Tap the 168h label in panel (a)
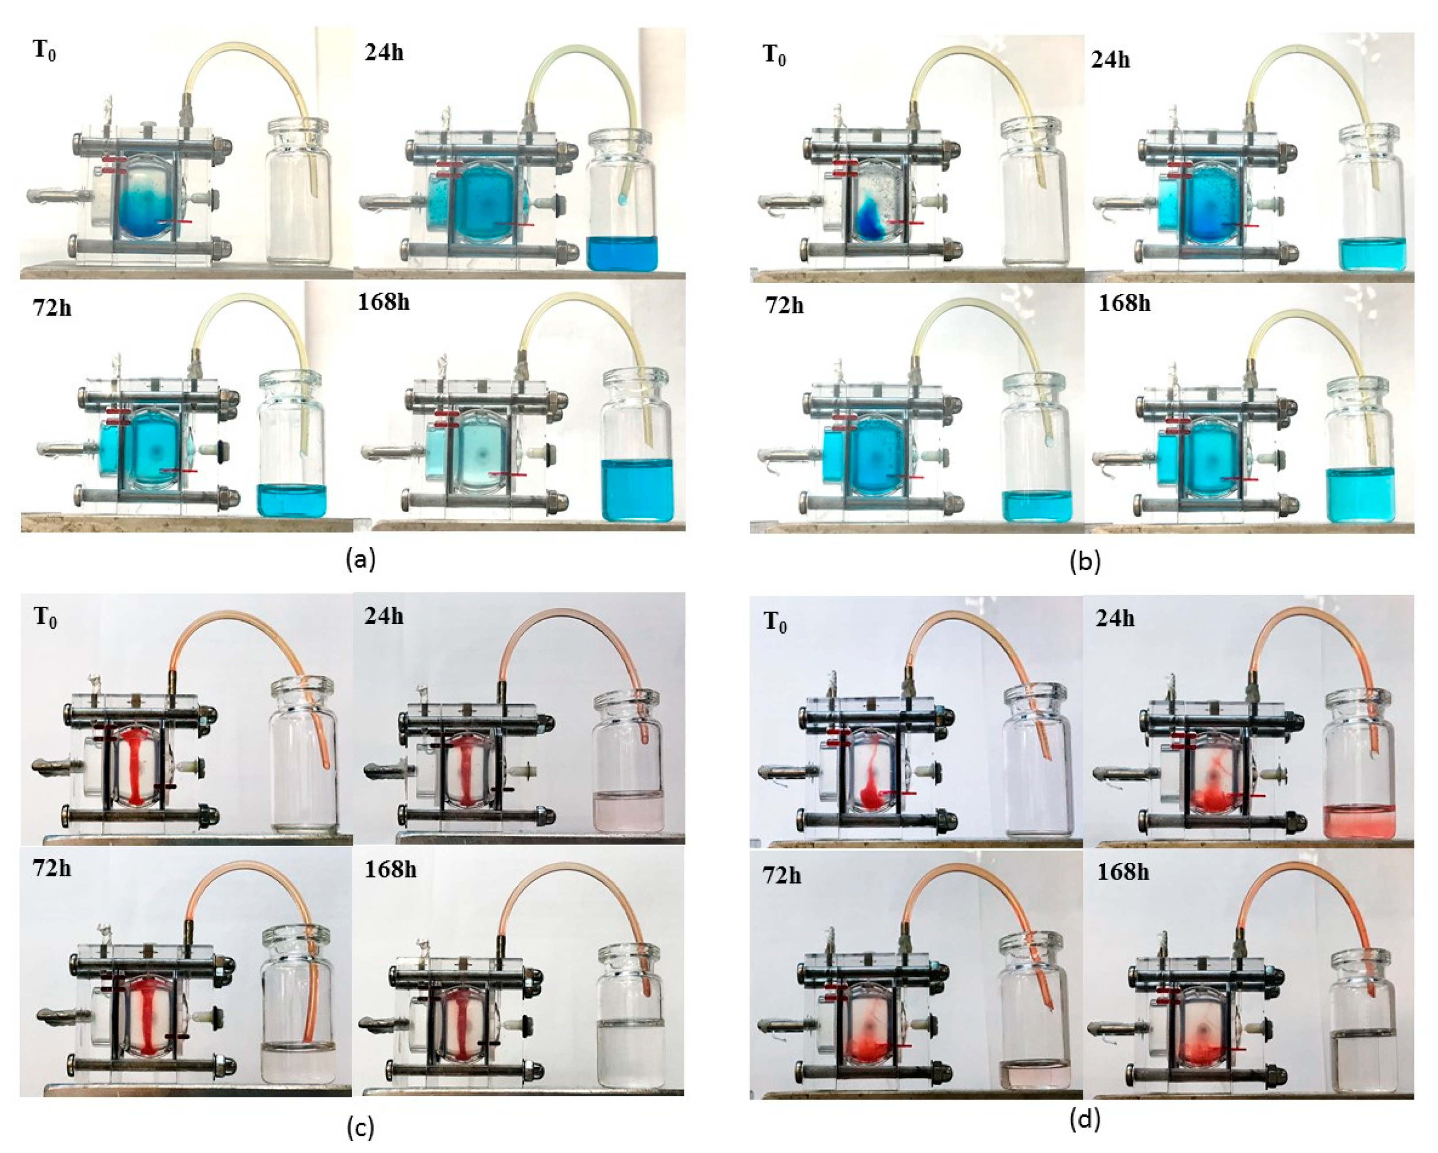[x=384, y=302]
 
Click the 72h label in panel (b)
[x=784, y=305]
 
